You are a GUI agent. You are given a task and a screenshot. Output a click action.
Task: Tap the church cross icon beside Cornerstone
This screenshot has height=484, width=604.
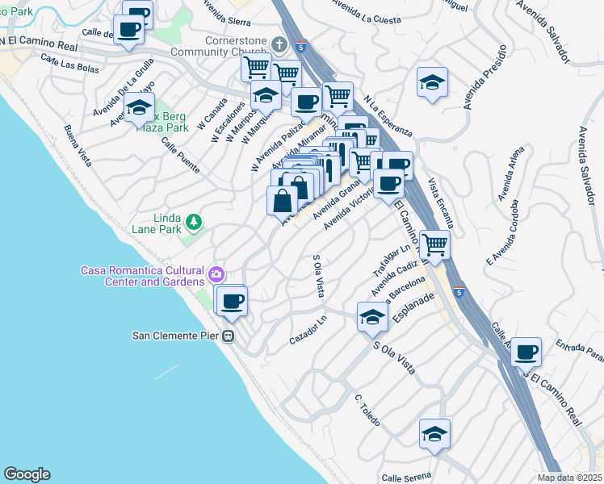(x=280, y=44)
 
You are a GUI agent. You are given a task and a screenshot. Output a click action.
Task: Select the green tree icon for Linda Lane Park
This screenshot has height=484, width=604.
(x=193, y=220)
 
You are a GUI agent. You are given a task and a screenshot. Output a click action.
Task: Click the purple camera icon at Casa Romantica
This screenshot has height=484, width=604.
(x=216, y=275)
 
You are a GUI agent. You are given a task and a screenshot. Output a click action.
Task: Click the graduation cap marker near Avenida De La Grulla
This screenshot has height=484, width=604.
(x=139, y=106)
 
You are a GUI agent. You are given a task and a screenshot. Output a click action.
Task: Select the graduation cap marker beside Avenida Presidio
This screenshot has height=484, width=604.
(x=433, y=81)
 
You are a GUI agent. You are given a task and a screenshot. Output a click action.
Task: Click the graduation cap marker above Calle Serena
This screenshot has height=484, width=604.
(x=434, y=434)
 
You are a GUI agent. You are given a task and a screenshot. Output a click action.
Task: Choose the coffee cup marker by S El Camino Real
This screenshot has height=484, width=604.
(x=526, y=351)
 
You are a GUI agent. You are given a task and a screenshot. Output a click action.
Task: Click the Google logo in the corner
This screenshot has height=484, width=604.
(x=27, y=474)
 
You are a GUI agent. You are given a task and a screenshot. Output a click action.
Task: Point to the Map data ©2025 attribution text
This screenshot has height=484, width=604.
(x=569, y=478)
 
